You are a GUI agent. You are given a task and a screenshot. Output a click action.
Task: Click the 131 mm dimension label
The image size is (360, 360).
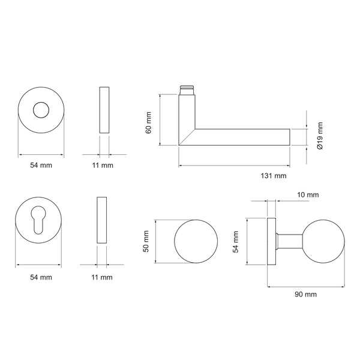274,176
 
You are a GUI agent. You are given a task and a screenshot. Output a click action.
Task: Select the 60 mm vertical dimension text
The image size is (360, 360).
149,122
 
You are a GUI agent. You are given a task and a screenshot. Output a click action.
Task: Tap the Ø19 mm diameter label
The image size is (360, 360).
320,136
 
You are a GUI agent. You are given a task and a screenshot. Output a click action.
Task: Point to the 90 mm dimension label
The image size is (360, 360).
305,295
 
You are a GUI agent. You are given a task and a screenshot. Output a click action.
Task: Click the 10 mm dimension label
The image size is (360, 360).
308,194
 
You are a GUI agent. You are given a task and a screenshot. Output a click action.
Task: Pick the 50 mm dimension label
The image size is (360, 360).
146,241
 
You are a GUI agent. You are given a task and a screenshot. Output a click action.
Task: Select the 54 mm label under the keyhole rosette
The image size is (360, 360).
41,277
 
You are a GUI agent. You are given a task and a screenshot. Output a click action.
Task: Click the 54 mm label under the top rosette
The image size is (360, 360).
41,165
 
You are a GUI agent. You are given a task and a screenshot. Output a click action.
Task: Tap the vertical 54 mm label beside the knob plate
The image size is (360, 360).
236,242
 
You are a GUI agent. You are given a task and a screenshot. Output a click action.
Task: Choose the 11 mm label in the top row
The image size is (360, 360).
103,165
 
